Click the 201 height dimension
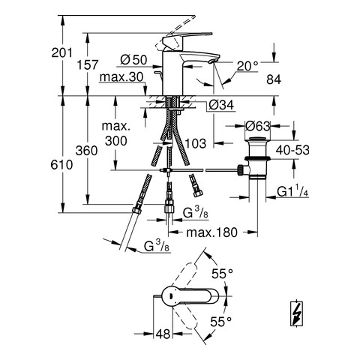point(61,52)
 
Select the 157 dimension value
point(87,64)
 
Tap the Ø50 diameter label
point(133,60)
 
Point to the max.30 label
point(121,77)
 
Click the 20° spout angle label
point(247,66)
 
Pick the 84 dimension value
point(274,79)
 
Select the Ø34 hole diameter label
point(221,105)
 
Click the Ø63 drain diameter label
point(258,126)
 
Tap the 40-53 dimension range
point(292,150)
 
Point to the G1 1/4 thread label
point(292,192)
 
